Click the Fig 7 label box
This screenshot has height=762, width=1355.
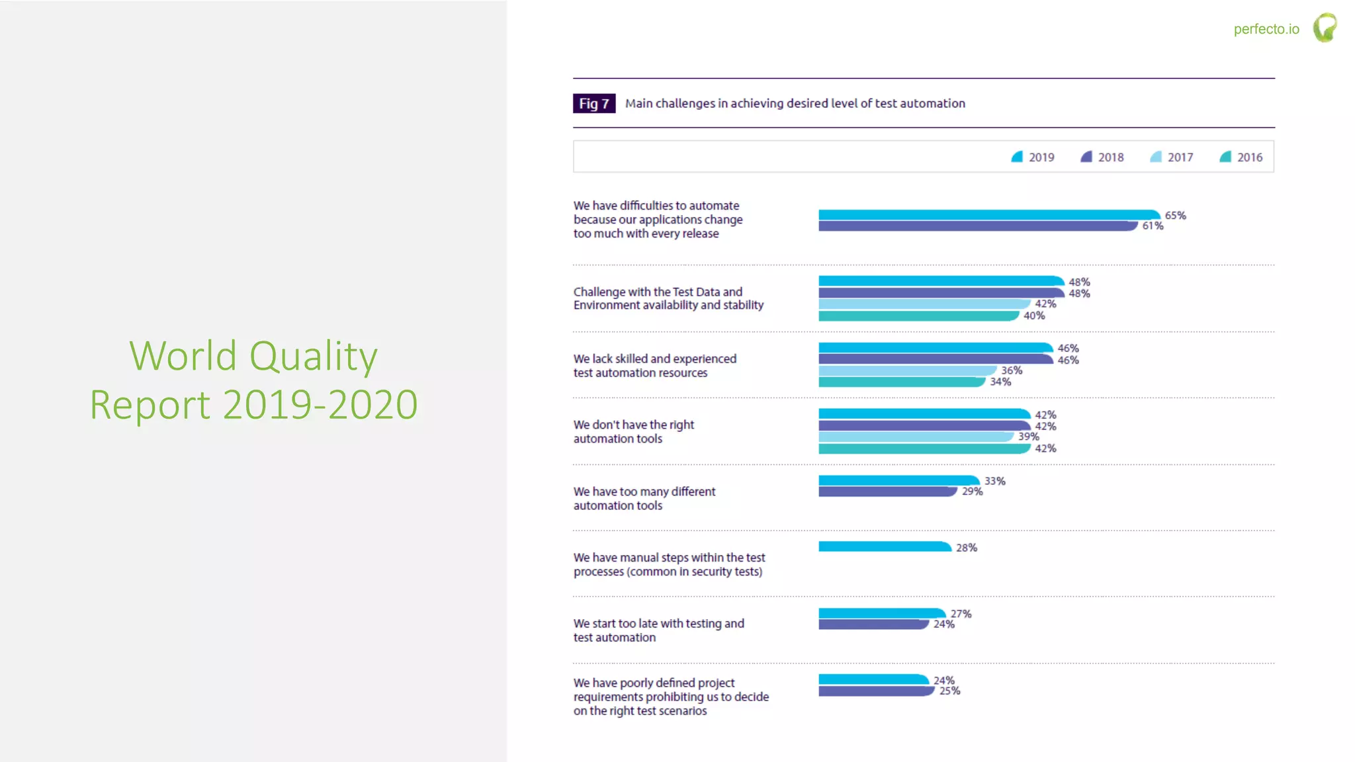pyautogui.click(x=593, y=103)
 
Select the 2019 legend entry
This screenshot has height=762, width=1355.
pyautogui.click(x=1033, y=157)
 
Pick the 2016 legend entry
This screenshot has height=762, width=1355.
pyautogui.click(x=1241, y=157)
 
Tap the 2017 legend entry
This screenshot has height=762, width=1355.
pyautogui.click(x=1172, y=157)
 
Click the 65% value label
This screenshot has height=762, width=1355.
pyautogui.click(x=1175, y=216)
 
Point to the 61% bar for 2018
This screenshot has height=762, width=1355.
pyautogui.click(x=977, y=226)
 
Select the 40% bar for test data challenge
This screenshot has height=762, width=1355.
pyautogui.click(x=918, y=316)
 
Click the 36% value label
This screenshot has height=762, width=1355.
pyautogui.click(x=1011, y=370)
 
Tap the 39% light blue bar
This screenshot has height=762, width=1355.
pyautogui.click(x=915, y=437)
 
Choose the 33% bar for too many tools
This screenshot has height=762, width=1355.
pyautogui.click(x=898, y=481)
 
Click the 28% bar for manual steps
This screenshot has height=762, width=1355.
pyautogui.click(x=884, y=547)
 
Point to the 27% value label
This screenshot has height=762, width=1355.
pyautogui.click(x=961, y=614)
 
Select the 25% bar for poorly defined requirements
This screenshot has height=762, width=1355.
pyautogui.click(x=875, y=691)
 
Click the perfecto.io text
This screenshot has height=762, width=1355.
pyautogui.click(x=1266, y=29)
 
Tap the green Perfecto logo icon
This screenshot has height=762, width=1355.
pyautogui.click(x=1325, y=28)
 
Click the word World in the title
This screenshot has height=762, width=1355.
pyautogui.click(x=183, y=356)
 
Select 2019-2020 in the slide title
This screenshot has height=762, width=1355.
pyautogui.click(x=320, y=405)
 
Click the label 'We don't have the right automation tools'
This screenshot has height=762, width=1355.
pyautogui.click(x=633, y=431)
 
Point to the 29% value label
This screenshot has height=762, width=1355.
pyautogui.click(x=972, y=491)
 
